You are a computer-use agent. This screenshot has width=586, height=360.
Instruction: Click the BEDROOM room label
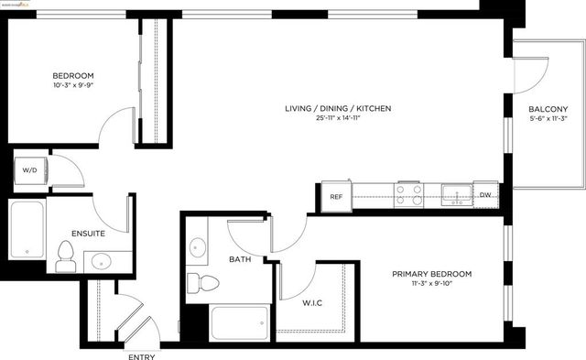[x=72, y=75]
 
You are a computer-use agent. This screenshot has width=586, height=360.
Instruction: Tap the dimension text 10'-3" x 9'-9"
[x=72, y=85]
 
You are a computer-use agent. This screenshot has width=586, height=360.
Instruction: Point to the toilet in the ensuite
[x=64, y=256]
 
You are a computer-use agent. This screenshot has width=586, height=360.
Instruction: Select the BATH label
[x=241, y=260]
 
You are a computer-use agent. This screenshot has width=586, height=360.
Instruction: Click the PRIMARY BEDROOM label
[x=431, y=274]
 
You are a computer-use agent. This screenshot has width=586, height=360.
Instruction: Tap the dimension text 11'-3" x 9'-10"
[x=431, y=284]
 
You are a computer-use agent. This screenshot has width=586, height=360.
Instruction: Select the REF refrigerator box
[x=335, y=195]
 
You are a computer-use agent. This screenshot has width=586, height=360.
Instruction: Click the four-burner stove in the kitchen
[x=408, y=193]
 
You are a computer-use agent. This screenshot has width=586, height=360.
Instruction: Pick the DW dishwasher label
[x=485, y=194]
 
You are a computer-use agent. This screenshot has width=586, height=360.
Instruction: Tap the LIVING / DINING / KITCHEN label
[x=338, y=108]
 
